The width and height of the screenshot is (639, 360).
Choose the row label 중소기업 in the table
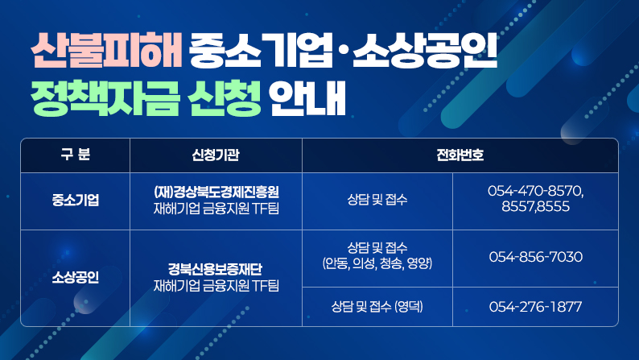tap(75, 201)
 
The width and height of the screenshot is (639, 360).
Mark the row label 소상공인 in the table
tap(75, 278)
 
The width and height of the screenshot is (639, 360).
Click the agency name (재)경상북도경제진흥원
tap(216, 193)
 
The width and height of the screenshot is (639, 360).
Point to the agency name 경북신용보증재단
tap(216, 270)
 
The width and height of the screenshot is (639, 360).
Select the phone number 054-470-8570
tap(535, 192)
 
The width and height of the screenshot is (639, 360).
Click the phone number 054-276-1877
tap(535, 307)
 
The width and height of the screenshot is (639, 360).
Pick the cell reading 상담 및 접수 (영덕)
tap(377, 307)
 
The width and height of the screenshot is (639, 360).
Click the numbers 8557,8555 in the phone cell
tap(535, 207)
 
